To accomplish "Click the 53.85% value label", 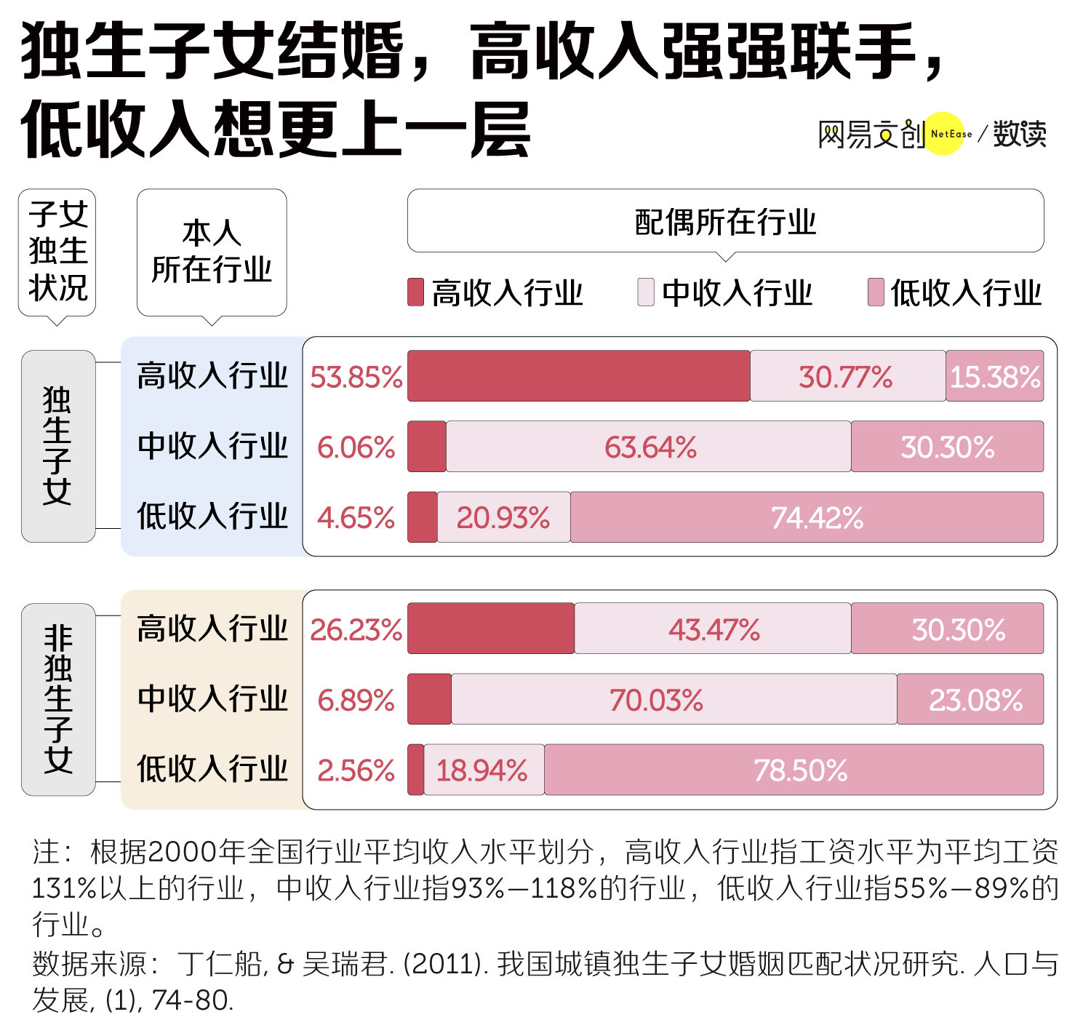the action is (x=356, y=378).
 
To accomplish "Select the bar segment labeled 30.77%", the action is (x=847, y=375).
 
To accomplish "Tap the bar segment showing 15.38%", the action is (x=994, y=375).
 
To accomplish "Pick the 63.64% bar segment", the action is (x=648, y=446).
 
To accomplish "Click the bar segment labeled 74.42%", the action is (x=807, y=516).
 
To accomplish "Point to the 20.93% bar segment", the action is (x=504, y=516).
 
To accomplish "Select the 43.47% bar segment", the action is (x=713, y=628).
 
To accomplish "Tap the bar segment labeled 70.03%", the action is (x=674, y=699).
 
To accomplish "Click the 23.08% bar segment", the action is (x=970, y=699).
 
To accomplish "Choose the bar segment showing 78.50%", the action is (x=794, y=770).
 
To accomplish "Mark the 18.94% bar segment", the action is (x=484, y=770).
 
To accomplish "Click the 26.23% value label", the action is (x=356, y=630).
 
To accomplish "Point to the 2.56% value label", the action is (x=356, y=771).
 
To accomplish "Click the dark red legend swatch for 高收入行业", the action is (x=415, y=292).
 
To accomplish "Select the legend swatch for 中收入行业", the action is (x=646, y=292).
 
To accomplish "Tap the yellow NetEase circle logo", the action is (x=943, y=133).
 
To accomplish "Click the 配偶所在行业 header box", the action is (x=725, y=221).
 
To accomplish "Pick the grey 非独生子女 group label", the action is (x=58, y=699).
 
